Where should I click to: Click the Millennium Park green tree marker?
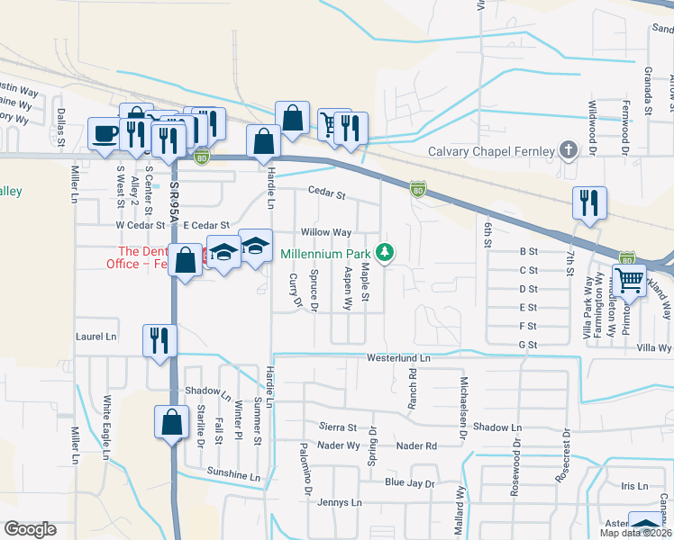(x=386, y=252)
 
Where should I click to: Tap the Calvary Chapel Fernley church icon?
(x=568, y=150)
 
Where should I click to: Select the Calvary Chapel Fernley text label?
(x=490, y=151)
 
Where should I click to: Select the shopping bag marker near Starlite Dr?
(x=172, y=421)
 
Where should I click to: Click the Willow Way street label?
(x=325, y=232)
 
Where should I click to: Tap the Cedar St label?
(x=326, y=193)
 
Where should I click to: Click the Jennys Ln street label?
(x=339, y=502)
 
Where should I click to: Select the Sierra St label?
(x=339, y=427)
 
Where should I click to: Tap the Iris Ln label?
(x=634, y=486)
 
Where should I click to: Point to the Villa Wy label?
(x=654, y=347)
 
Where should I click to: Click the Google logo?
(x=30, y=529)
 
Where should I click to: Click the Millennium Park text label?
(x=326, y=254)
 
